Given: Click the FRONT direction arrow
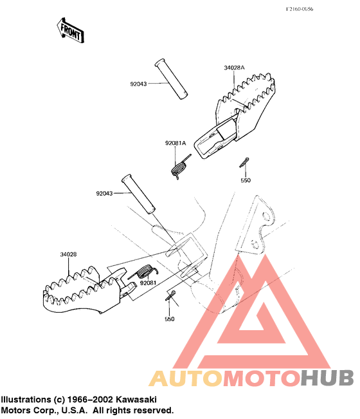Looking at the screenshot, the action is pyautogui.click(x=70, y=30).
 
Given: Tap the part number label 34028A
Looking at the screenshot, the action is pyautogui.click(x=234, y=68).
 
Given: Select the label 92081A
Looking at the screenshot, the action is pyautogui.click(x=175, y=143).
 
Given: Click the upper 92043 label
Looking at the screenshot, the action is pyautogui.click(x=138, y=84).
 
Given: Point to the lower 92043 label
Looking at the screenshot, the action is pyautogui.click(x=104, y=193).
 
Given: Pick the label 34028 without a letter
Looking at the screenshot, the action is pyautogui.click(x=68, y=254).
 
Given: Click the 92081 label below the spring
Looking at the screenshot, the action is pyautogui.click(x=148, y=283).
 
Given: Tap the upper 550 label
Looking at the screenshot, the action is pyautogui.click(x=246, y=180).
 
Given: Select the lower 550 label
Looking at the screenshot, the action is pyautogui.click(x=170, y=319).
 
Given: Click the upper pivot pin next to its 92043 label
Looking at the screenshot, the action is pyautogui.click(x=171, y=79).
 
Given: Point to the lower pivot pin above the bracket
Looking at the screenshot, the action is pyautogui.click(x=138, y=194).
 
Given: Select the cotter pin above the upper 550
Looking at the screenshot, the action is pyautogui.click(x=244, y=162).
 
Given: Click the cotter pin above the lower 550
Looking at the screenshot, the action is pyautogui.click(x=170, y=295).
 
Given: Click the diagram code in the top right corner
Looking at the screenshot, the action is pyautogui.click(x=299, y=9).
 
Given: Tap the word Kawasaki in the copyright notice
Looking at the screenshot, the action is pyautogui.click(x=136, y=400).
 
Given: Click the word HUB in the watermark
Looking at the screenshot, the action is pyautogui.click(x=327, y=378).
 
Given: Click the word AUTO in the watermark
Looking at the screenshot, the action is pyautogui.click(x=186, y=378).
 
